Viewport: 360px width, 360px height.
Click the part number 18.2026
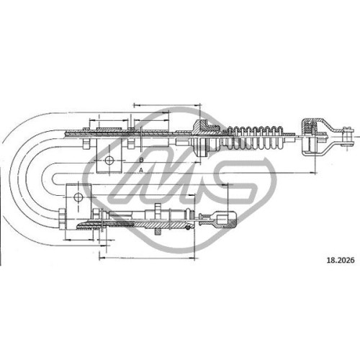tap(341, 260)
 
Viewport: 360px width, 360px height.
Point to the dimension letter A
tap(141, 170)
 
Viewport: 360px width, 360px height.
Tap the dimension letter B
tap(141, 160)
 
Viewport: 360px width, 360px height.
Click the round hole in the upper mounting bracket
tap(109, 160)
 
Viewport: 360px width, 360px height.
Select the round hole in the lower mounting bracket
tap(78, 197)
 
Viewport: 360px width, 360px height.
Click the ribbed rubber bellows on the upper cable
tap(254, 138)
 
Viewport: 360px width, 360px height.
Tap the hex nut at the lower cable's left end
tap(62, 220)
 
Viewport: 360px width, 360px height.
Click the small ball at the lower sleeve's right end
tap(189, 228)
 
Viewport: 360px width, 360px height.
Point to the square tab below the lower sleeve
tap(158, 231)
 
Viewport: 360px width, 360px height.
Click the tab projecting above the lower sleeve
tap(158, 207)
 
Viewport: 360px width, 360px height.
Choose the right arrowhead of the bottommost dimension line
tap(193, 258)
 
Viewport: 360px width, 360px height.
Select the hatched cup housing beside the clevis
tap(310, 137)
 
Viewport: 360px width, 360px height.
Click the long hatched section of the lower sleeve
tap(160, 225)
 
